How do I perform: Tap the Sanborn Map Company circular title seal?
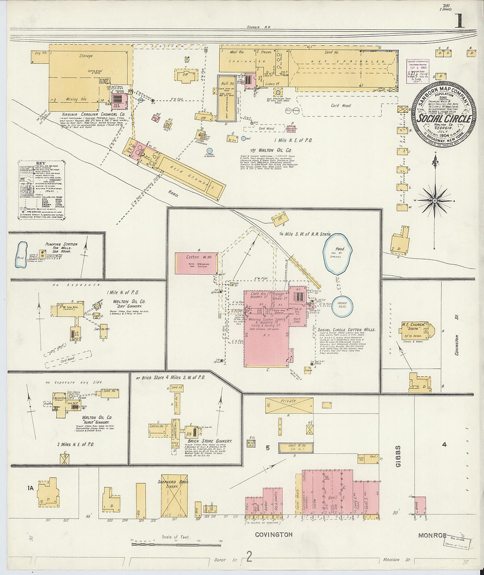tap(443, 114)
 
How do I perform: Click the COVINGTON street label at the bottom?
tap(274, 534)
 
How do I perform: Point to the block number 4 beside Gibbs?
tap(444, 445)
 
